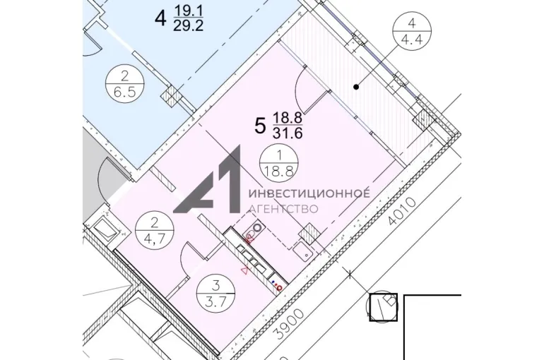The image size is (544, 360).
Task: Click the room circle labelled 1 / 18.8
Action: coord(279,163)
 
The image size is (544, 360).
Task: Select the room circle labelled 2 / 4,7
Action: coord(155,230)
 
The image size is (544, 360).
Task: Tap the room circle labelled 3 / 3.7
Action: coord(215,294)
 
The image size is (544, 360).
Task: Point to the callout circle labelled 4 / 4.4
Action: coord(412,31)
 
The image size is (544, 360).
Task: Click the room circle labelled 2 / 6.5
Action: coord(125,83)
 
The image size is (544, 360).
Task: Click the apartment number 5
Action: coord(260,126)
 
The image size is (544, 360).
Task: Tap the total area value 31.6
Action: coord(288,133)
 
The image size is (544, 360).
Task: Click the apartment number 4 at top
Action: coord(160,18)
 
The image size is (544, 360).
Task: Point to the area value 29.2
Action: coord(188,25)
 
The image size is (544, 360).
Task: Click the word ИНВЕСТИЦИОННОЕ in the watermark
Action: coord(309,193)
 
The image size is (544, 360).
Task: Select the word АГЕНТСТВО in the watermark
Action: coord(284,209)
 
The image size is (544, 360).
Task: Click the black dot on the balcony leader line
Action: coord(356,87)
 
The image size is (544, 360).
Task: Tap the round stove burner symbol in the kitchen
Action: coord(257,227)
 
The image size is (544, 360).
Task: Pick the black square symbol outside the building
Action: coord(383,307)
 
